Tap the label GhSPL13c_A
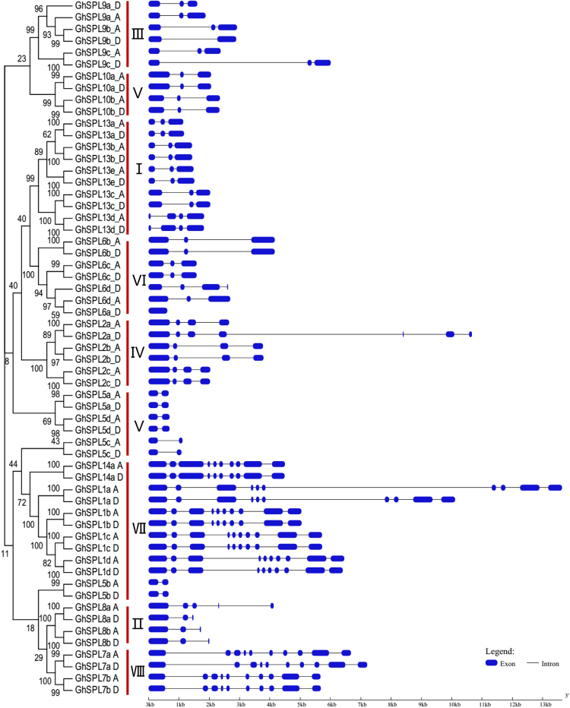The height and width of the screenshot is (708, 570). (92, 193)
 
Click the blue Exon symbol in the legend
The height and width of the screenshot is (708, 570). (497, 663)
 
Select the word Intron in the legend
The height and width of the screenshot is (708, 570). (549, 663)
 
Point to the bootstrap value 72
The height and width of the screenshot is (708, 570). (22, 503)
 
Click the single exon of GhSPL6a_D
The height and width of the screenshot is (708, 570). (158, 311)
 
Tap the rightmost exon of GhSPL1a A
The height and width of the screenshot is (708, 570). (555, 488)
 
